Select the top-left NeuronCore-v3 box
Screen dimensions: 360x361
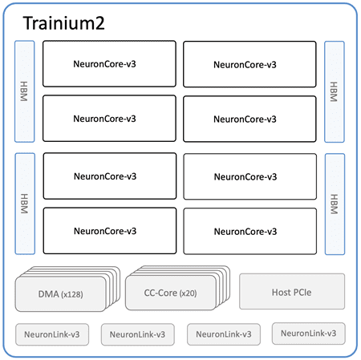click(109, 64)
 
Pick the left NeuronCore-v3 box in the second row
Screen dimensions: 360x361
click(109, 119)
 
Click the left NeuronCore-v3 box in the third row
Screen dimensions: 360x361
click(109, 176)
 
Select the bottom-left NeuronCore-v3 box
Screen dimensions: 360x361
click(109, 231)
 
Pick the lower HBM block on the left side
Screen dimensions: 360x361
click(25, 204)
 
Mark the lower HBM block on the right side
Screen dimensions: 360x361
click(335, 204)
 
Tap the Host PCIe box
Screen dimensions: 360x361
click(292, 291)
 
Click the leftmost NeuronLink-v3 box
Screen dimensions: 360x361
click(51, 334)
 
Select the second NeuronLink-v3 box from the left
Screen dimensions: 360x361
click(137, 334)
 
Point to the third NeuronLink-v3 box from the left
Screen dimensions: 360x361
click(223, 334)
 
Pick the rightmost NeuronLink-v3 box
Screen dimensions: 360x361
click(309, 333)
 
